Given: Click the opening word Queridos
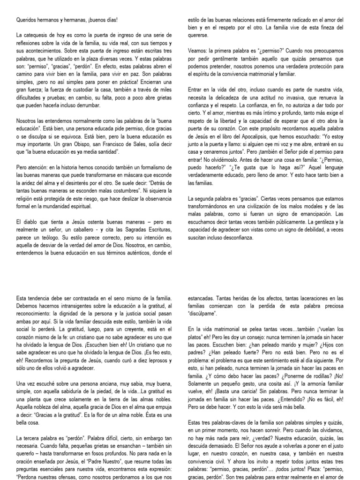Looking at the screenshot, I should coord(27,20).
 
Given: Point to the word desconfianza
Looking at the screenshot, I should coord(235,238).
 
